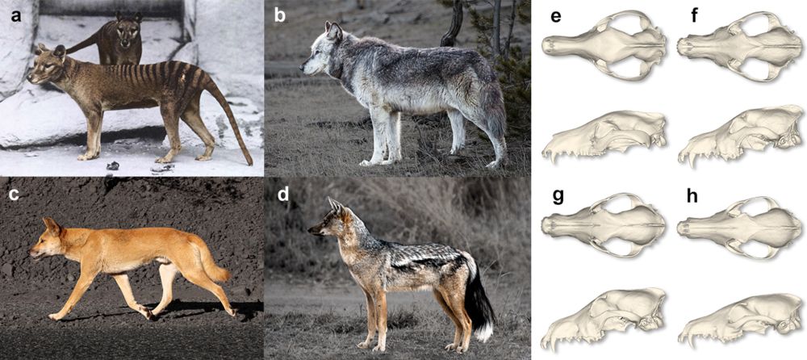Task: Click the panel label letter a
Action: point(17,16)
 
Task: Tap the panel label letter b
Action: point(280,15)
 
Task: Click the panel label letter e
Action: point(555,16)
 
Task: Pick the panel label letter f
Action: point(695,15)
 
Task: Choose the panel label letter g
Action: point(559,196)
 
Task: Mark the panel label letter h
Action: point(692,195)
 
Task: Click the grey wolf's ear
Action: point(333,31)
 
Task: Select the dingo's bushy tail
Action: point(212,262)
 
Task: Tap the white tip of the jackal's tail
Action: point(483,331)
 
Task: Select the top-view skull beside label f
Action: point(739,46)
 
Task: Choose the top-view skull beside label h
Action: point(739,227)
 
